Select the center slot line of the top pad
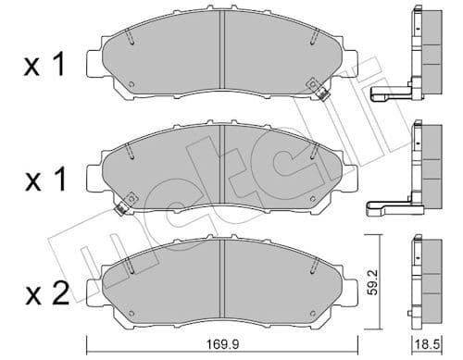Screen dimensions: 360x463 pyautogui.click(x=223, y=56)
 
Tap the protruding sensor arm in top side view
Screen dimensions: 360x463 pyautogui.click(x=389, y=93)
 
